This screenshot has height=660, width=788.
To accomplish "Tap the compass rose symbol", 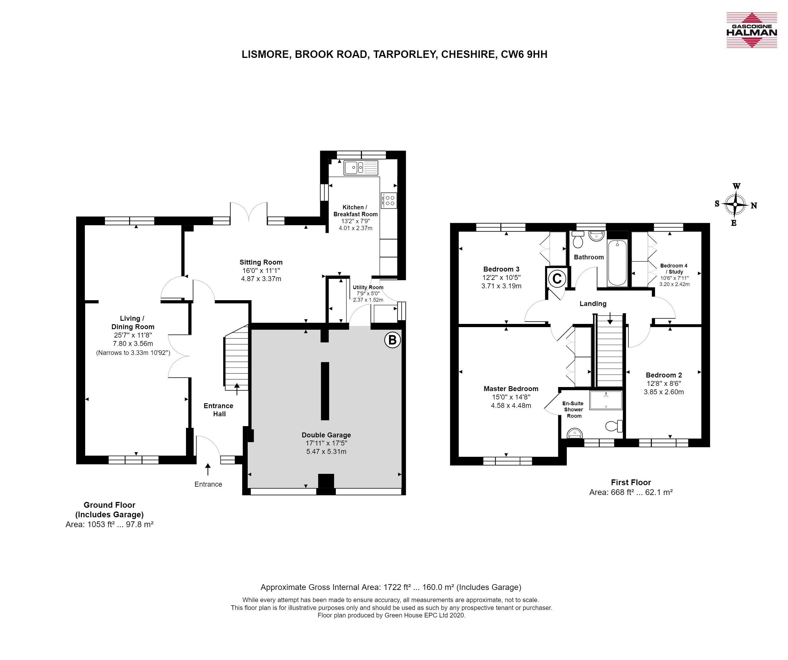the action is click(x=735, y=205).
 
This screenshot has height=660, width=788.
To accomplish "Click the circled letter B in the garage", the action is click(x=393, y=340).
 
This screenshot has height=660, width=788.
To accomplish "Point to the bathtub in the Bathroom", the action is click(x=617, y=263).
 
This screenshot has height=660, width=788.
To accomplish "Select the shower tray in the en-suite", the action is click(x=606, y=400).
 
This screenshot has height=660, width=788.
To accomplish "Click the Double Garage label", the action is click(x=326, y=435).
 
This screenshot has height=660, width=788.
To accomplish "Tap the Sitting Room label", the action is click(x=261, y=262).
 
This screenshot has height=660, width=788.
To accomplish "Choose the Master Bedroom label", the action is click(x=511, y=389).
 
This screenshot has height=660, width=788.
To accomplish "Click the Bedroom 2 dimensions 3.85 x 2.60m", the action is click(x=664, y=392).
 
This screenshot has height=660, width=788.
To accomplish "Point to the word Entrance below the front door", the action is click(x=208, y=484).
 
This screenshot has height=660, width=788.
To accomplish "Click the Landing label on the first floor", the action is click(x=593, y=304).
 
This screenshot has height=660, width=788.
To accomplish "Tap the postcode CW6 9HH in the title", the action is click(x=524, y=54).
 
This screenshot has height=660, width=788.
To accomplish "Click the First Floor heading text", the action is click(x=631, y=483).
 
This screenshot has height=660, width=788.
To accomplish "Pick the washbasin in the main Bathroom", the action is click(x=596, y=236).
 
